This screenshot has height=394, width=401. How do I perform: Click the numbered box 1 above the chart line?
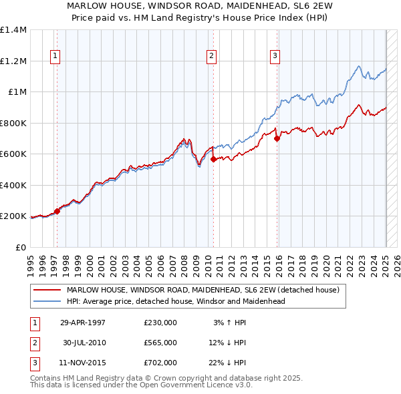[54, 57]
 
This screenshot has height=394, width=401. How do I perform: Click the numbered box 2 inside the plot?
[211, 57]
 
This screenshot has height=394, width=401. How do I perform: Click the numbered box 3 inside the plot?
[275, 57]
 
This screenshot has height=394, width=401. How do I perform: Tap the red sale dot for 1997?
[57, 212]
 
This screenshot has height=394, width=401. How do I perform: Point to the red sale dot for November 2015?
[277, 138]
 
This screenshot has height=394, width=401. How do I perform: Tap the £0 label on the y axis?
[21, 247]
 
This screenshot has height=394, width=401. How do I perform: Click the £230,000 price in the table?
[160, 322]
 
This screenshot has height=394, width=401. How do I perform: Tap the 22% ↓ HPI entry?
[227, 363]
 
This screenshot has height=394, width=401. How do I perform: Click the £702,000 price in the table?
[160, 363]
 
